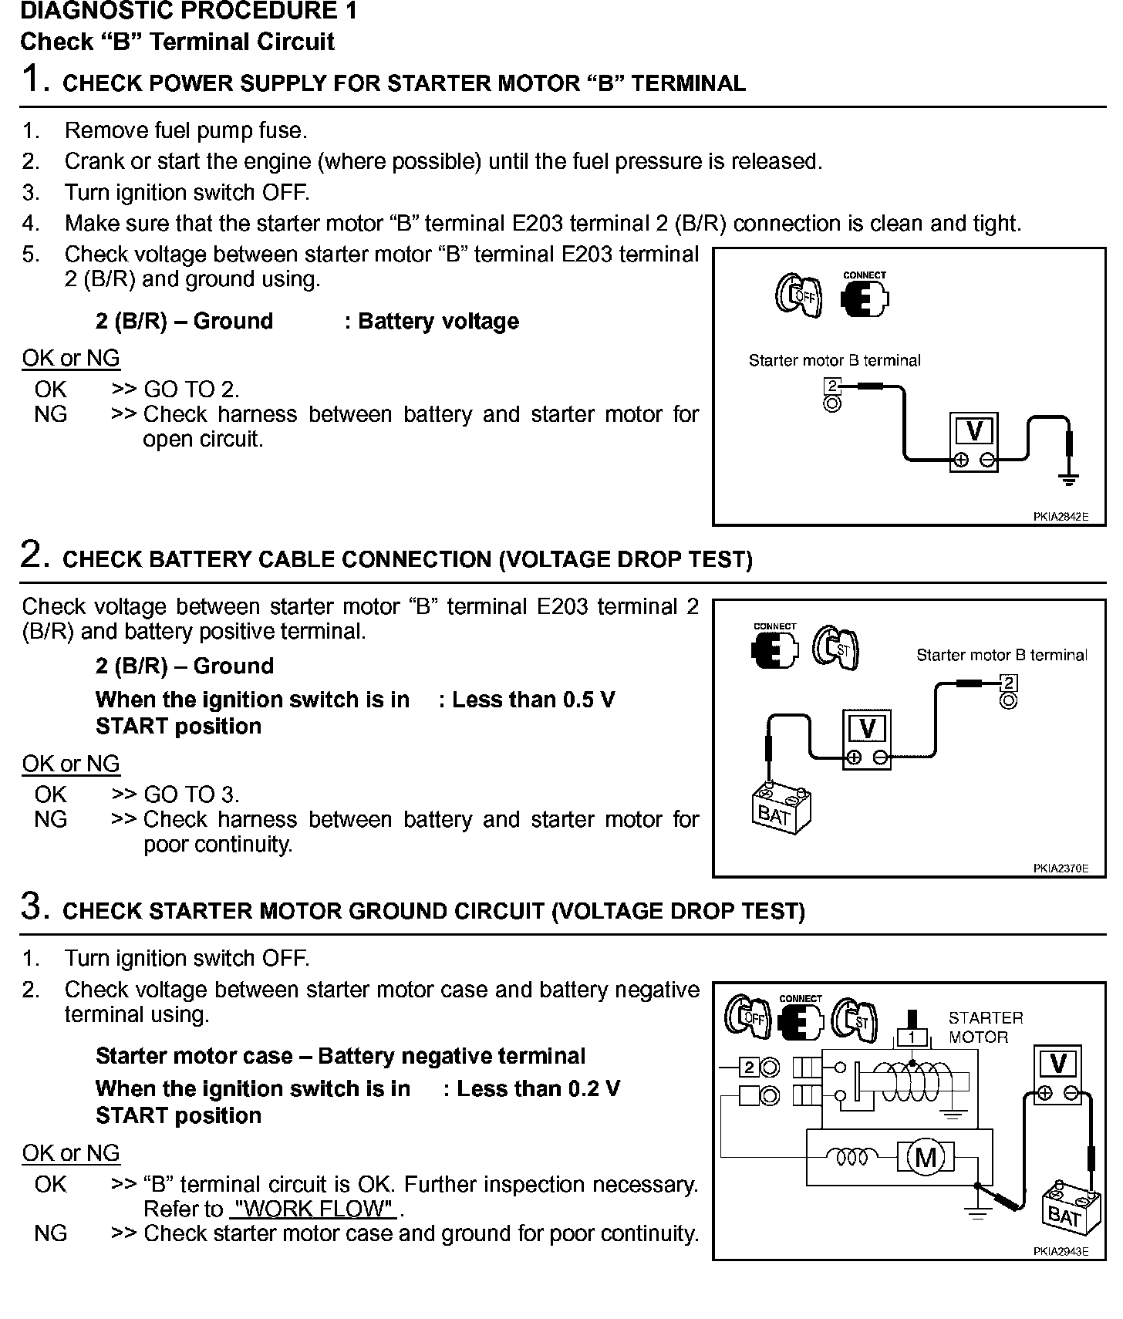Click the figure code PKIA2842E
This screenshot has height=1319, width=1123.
[x=1061, y=518]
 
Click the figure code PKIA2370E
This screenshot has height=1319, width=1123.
[x=1061, y=869]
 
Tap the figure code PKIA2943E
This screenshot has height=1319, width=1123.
[x=1061, y=1252]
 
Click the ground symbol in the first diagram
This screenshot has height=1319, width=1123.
[x=1069, y=480]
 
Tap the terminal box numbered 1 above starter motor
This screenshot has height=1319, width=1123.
[x=912, y=1037]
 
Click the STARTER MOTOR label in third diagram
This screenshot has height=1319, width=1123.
[x=985, y=1027]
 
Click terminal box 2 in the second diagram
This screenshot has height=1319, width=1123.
[x=1009, y=683]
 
